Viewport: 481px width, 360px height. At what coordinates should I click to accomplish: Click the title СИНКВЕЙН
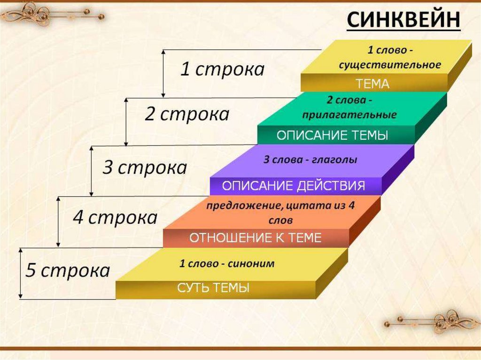tap(403, 20)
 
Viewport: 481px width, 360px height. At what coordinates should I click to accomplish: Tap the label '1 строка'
tap(222, 69)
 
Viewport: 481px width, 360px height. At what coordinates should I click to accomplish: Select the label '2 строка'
tap(187, 115)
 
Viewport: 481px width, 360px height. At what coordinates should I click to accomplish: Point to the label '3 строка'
tap(145, 168)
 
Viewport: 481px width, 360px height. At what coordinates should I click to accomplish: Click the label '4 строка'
tap(115, 218)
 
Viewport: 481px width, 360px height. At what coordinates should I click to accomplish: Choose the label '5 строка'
tap(68, 270)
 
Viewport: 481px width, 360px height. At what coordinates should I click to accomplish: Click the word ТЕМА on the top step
tap(372, 84)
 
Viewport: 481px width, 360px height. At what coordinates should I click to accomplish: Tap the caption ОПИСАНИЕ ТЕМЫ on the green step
tap(332, 135)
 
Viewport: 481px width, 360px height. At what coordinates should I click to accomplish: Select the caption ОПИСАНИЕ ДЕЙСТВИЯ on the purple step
tap(294, 186)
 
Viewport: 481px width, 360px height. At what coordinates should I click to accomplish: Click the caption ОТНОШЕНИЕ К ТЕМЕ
tap(255, 237)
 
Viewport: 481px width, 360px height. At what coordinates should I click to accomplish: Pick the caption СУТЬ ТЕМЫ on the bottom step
tap(213, 288)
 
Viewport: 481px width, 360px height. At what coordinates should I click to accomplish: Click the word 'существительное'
tap(390, 65)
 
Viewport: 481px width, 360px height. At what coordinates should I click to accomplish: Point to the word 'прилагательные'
tap(349, 115)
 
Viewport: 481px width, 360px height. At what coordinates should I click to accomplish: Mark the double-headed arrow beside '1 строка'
tap(163, 74)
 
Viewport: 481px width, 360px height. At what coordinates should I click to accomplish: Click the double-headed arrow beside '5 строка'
tap(21, 273)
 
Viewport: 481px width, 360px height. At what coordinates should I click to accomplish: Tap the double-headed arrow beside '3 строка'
tap(91, 171)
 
